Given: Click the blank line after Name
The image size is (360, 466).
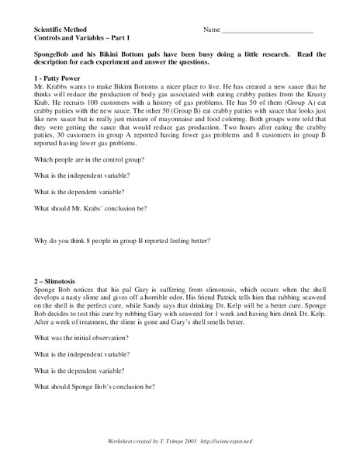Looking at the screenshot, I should click(268, 31).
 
